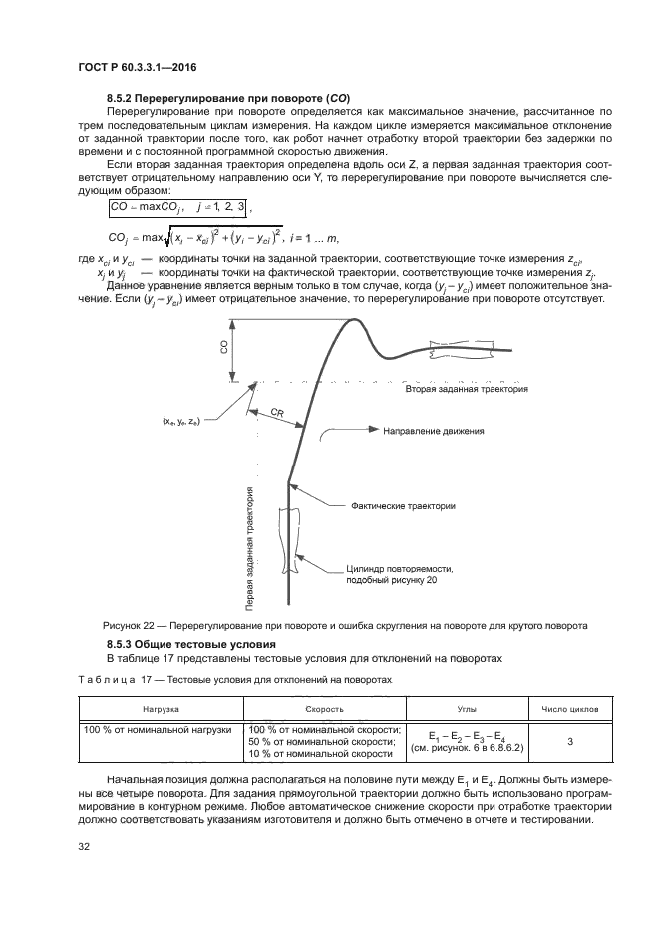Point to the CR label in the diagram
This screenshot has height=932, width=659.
(x=279, y=411)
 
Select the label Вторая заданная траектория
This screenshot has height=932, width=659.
(x=466, y=391)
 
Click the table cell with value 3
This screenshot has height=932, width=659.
(x=569, y=742)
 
